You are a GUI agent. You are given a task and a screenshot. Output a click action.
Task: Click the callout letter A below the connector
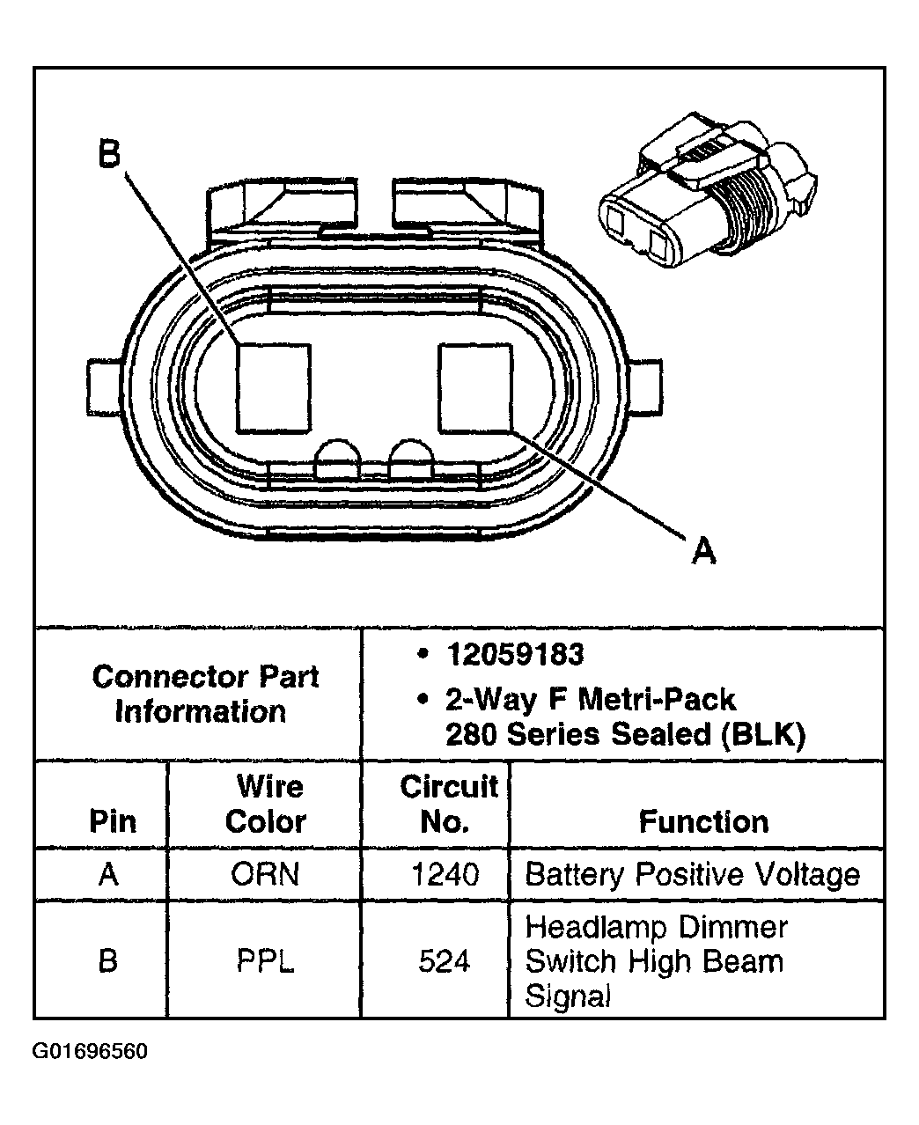tap(702, 552)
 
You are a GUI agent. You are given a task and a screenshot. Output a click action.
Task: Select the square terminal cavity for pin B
tap(274, 387)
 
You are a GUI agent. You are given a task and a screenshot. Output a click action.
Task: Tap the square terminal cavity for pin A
tap(475, 387)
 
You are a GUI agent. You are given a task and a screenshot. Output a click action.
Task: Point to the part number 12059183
tap(515, 655)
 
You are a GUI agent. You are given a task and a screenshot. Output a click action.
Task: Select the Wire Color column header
tap(265, 804)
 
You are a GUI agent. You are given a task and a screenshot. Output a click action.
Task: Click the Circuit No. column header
tap(448, 804)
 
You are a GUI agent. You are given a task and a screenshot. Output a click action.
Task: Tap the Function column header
tap(703, 821)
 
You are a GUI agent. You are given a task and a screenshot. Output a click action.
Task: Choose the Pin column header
tap(113, 821)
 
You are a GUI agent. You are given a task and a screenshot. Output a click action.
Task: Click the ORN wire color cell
tap(265, 874)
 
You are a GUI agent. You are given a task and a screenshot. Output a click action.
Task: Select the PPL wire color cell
tap(265, 961)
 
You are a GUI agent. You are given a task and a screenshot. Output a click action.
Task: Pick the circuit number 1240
tap(445, 874)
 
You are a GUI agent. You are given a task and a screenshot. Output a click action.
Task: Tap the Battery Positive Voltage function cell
tap(692, 874)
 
